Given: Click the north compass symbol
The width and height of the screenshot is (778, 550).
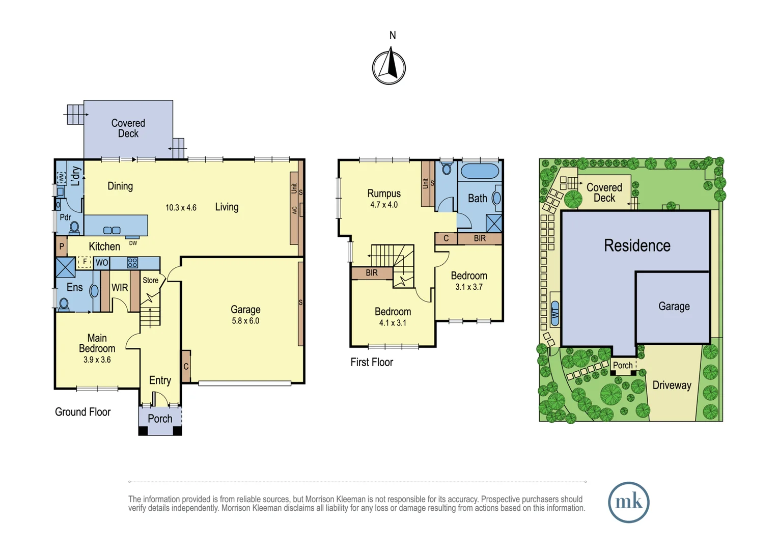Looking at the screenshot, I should pyautogui.click(x=389, y=67).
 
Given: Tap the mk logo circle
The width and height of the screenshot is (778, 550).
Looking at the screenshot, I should pyautogui.click(x=628, y=502).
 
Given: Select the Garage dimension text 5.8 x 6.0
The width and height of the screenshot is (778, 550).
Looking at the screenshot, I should pyautogui.click(x=245, y=321).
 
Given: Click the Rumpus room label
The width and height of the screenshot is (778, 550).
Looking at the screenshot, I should pyautogui.click(x=384, y=194).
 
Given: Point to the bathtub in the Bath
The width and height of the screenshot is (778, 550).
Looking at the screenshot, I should pyautogui.click(x=480, y=171).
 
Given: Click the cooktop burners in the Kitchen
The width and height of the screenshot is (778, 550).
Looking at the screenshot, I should pyautogui.click(x=132, y=263).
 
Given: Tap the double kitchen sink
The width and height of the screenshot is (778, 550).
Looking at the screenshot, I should pyautogui.click(x=112, y=231).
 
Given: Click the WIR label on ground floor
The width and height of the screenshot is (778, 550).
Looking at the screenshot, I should pyautogui.click(x=120, y=288).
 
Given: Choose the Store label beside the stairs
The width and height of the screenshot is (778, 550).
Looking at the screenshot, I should pyautogui.click(x=150, y=280).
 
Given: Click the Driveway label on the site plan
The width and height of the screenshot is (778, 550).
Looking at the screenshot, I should pyautogui.click(x=672, y=386).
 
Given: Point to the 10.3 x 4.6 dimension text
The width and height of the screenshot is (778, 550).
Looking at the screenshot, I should pyautogui.click(x=181, y=208).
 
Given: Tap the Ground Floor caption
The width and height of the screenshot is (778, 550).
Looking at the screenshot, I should pyautogui.click(x=82, y=412).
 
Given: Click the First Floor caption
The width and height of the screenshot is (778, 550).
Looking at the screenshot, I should pyautogui.click(x=372, y=362).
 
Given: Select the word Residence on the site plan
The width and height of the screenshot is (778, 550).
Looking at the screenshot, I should pyautogui.click(x=637, y=245).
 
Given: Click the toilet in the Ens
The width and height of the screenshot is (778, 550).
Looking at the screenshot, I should pyautogui.click(x=64, y=305).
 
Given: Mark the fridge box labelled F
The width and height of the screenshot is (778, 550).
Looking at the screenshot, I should pyautogui.click(x=84, y=262).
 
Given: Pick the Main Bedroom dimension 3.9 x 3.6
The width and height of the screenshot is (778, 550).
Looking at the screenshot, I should pyautogui.click(x=97, y=360).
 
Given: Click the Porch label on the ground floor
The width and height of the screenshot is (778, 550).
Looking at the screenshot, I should pyautogui.click(x=160, y=419).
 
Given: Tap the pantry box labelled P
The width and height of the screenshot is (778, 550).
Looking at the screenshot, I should pyautogui.click(x=62, y=246).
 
